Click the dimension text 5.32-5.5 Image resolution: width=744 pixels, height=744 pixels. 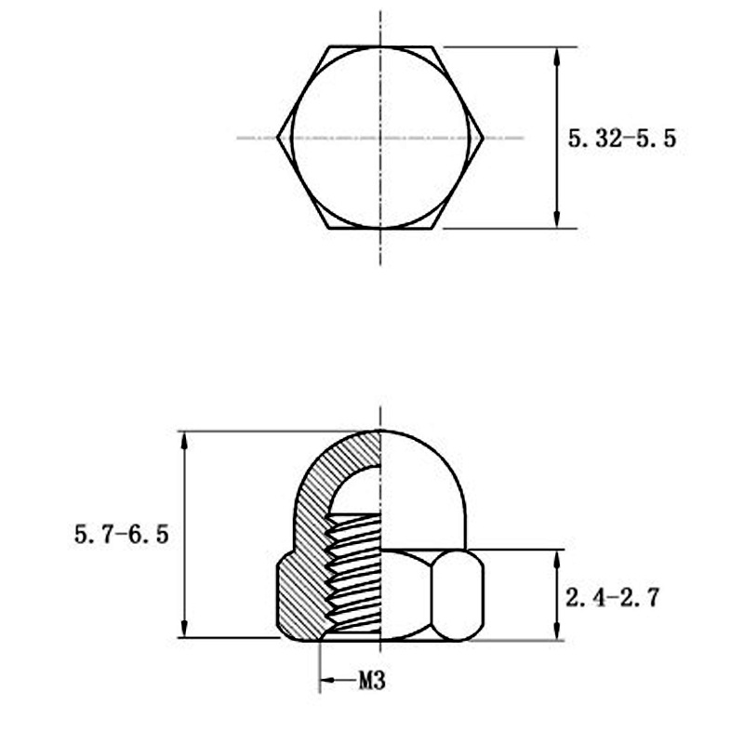coord(621,139)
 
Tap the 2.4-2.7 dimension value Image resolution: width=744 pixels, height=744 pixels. coord(612,597)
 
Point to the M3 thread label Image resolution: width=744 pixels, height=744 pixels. coord(371,682)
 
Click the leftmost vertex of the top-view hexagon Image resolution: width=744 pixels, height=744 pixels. coord(278,138)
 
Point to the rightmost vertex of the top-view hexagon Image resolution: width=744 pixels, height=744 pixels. coord(484,138)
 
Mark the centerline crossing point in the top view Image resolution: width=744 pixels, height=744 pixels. coord(380,138)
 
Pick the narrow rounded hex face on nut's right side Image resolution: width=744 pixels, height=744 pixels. coord(460,595)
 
